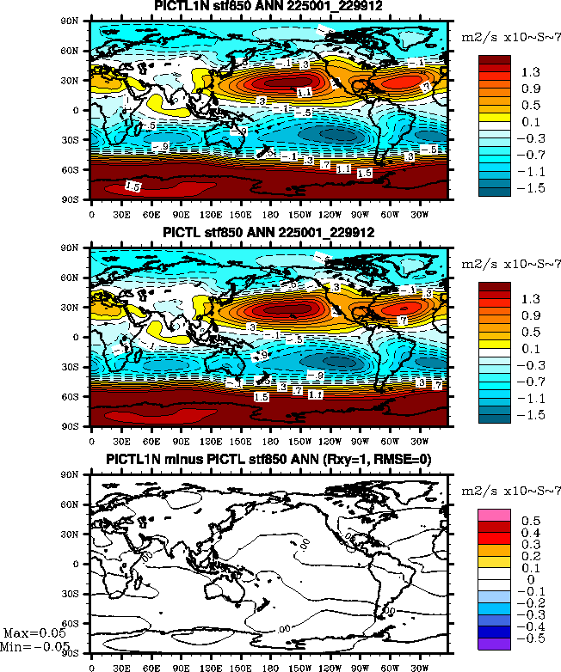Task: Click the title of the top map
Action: tap(269, 8)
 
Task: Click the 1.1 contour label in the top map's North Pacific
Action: tap(304, 92)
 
